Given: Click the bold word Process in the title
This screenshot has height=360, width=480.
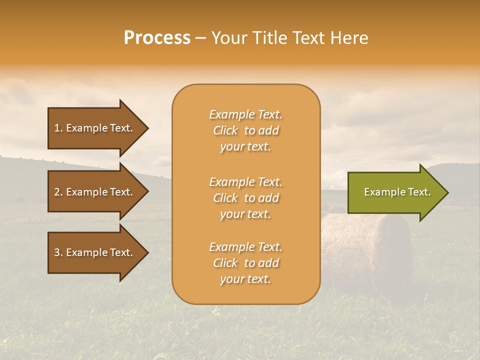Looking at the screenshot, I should click(x=157, y=38).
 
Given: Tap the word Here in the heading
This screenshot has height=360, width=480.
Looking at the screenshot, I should click(x=349, y=38).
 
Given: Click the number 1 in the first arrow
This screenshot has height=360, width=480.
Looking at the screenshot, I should click(x=57, y=128).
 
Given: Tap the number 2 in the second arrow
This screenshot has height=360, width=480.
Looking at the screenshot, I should click(x=57, y=192).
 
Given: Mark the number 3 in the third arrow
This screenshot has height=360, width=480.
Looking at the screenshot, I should click(x=57, y=252).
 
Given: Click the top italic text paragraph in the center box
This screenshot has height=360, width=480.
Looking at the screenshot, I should click(x=245, y=130).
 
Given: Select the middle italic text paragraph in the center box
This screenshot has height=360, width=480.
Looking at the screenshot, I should click(x=245, y=198).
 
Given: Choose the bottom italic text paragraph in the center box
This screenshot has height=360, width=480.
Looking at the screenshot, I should click(x=245, y=263).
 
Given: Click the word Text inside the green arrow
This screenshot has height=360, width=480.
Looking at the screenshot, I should click(x=419, y=192).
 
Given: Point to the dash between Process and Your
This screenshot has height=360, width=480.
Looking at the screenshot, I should click(x=200, y=38).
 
